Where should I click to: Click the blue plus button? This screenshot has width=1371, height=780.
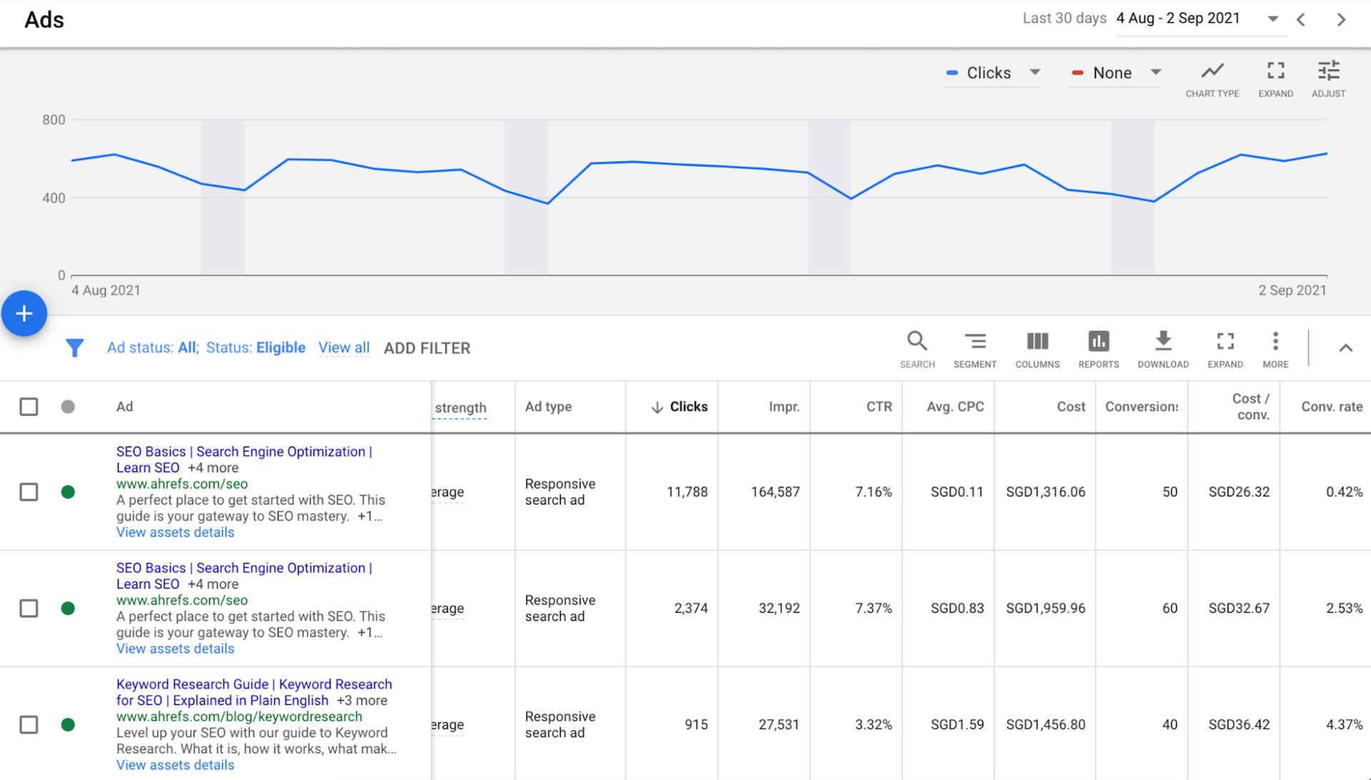coord(24,314)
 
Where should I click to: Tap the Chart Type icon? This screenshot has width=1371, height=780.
coord(1212,71)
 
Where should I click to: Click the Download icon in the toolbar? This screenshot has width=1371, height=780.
coord(1162,341)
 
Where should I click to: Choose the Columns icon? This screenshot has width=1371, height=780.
coord(1037,341)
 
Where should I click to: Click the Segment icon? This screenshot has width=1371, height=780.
coord(975,341)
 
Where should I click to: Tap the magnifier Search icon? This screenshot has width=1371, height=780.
coord(917,341)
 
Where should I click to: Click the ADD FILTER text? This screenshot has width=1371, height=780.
coord(427,349)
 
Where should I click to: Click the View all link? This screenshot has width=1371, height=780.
coord(343,348)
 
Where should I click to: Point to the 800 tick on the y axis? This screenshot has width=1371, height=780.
coord(54,120)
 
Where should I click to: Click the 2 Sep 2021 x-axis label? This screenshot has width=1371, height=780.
coord(1292,291)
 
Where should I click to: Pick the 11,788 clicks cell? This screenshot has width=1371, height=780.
coord(686,492)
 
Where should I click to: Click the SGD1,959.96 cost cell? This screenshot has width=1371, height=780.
coord(1045,609)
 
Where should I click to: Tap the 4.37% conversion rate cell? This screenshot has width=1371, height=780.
coord(1344,725)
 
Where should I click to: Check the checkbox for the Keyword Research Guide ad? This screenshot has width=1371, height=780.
coord(29,725)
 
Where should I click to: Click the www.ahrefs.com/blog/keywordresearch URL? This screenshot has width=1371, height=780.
coord(239,716)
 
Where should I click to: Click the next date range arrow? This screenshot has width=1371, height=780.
coord(1341,20)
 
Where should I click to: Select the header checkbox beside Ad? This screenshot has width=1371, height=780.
coord(29,407)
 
